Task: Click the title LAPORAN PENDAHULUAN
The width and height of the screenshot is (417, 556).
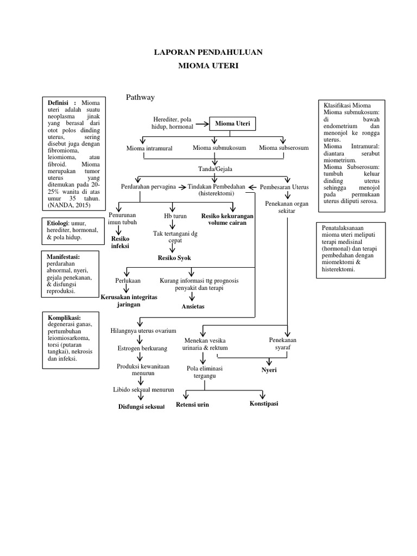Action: [x=208, y=52]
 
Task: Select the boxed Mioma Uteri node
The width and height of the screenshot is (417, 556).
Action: [x=232, y=124]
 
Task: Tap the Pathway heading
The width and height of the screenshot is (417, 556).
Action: [x=141, y=97]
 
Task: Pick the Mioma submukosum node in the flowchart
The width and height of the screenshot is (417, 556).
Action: [x=219, y=148]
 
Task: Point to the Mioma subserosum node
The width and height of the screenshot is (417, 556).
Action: [x=283, y=148]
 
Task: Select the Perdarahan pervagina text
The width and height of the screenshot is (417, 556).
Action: [x=148, y=187]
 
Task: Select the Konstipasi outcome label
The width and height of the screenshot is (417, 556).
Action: [x=264, y=403]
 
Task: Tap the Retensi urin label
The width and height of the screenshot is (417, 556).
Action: [x=192, y=405]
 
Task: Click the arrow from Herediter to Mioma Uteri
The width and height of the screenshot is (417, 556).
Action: [x=202, y=124]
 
